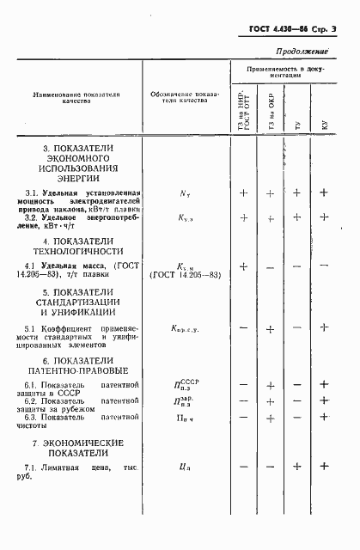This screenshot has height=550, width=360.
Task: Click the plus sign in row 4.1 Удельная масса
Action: tap(243, 266)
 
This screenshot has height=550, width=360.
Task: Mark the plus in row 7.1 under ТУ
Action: tap(296, 467)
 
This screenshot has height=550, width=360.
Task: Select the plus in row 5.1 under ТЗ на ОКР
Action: tap(270, 328)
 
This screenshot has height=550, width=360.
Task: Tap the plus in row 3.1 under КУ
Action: tap(324, 193)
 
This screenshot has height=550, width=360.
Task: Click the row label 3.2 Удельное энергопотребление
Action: tap(78, 221)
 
